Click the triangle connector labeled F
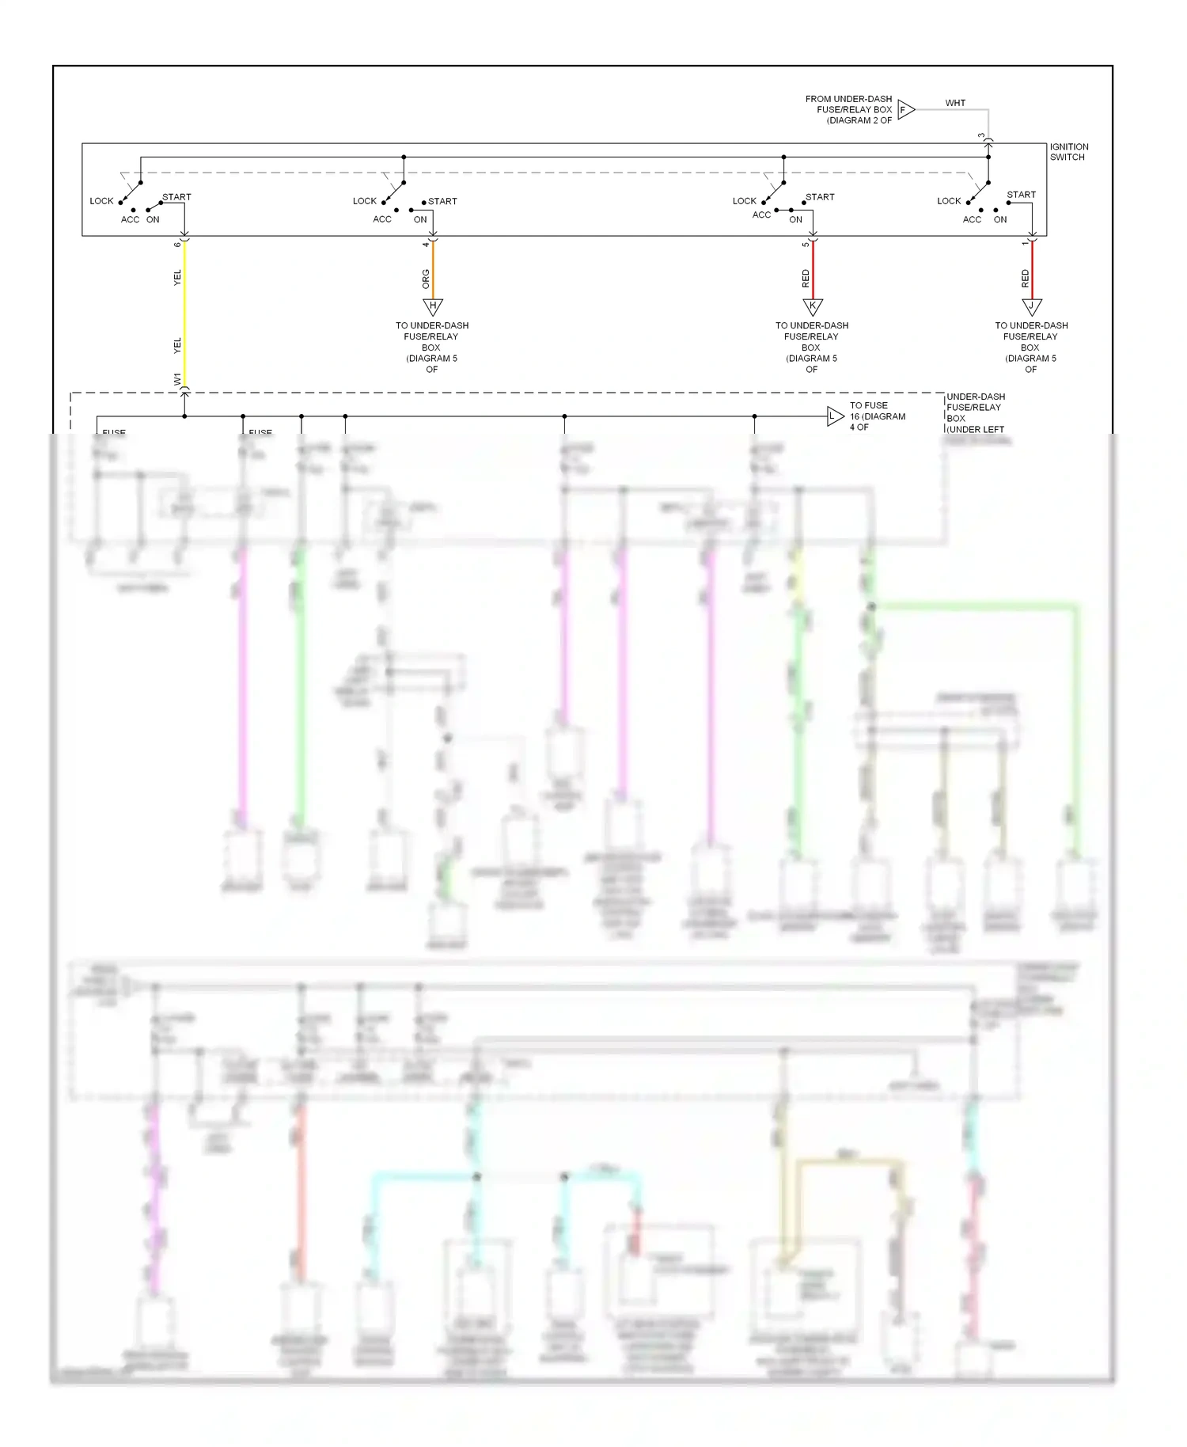(905, 110)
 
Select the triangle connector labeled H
(433, 306)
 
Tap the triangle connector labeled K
(813, 306)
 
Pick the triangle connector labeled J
(1032, 306)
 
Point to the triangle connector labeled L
(835, 416)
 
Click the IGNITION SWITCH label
(1068, 152)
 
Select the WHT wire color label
(955, 103)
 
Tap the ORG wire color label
(426, 279)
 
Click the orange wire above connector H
(433, 269)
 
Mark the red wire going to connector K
(813, 269)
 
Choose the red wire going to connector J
(1032, 269)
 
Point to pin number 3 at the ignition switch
(981, 136)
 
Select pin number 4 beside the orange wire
(426, 244)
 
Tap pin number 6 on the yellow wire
(177, 244)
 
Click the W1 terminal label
(177, 379)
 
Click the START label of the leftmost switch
(176, 197)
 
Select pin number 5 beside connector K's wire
(806, 244)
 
